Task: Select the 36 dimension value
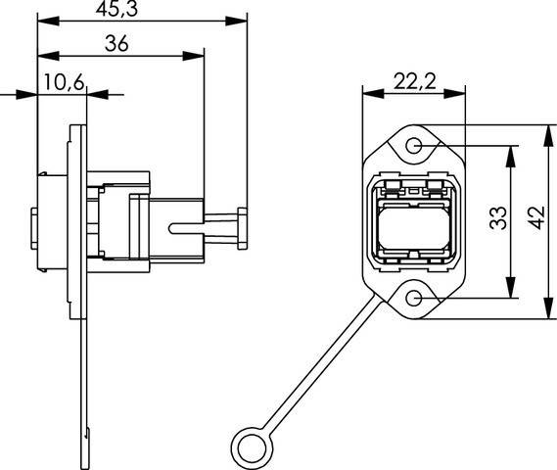118,44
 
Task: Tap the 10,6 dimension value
63,82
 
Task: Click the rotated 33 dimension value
496,219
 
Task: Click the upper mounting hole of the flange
414,147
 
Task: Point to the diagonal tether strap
317,367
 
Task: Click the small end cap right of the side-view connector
242,227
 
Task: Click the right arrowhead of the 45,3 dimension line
238,21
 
